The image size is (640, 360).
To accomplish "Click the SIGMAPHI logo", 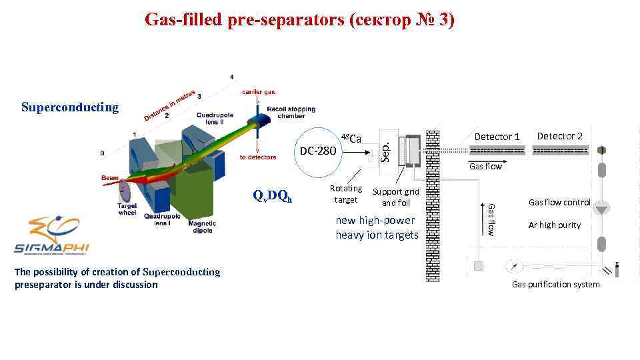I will [x=51, y=237].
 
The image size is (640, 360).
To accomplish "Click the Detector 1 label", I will [x=497, y=137].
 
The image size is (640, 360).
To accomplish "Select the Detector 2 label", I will [x=560, y=136].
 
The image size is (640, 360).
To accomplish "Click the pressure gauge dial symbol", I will [x=514, y=266].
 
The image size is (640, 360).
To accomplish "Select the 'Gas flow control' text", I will [x=559, y=202].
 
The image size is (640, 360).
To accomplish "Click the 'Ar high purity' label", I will [x=555, y=225].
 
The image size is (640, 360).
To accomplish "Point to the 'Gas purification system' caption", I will [x=555, y=285].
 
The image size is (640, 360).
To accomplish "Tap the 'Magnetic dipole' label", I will [x=202, y=227].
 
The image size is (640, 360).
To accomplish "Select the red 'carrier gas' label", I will [x=258, y=91].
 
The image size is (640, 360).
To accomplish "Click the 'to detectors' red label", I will [x=257, y=157].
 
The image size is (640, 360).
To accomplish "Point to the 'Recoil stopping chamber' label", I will [x=291, y=112].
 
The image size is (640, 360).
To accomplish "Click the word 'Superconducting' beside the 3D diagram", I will [x=70, y=107].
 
